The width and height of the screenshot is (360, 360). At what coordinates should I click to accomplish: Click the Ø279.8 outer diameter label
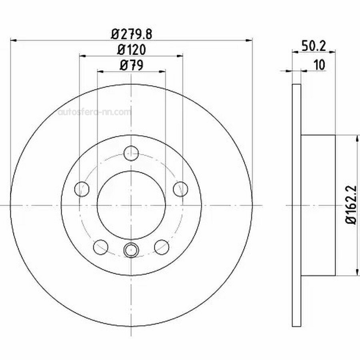point(132,34)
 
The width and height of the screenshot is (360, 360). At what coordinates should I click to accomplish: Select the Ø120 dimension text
point(132,50)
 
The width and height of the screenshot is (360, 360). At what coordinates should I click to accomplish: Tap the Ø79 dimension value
point(132,65)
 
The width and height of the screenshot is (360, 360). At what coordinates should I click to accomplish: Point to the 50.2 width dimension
point(314,46)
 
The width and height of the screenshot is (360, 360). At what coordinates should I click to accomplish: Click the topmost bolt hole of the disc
point(131,153)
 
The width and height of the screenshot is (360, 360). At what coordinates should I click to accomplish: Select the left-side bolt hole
point(82,189)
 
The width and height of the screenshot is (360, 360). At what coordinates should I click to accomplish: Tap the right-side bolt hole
point(180,189)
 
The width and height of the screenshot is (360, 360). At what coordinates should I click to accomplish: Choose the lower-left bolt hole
point(100,247)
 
